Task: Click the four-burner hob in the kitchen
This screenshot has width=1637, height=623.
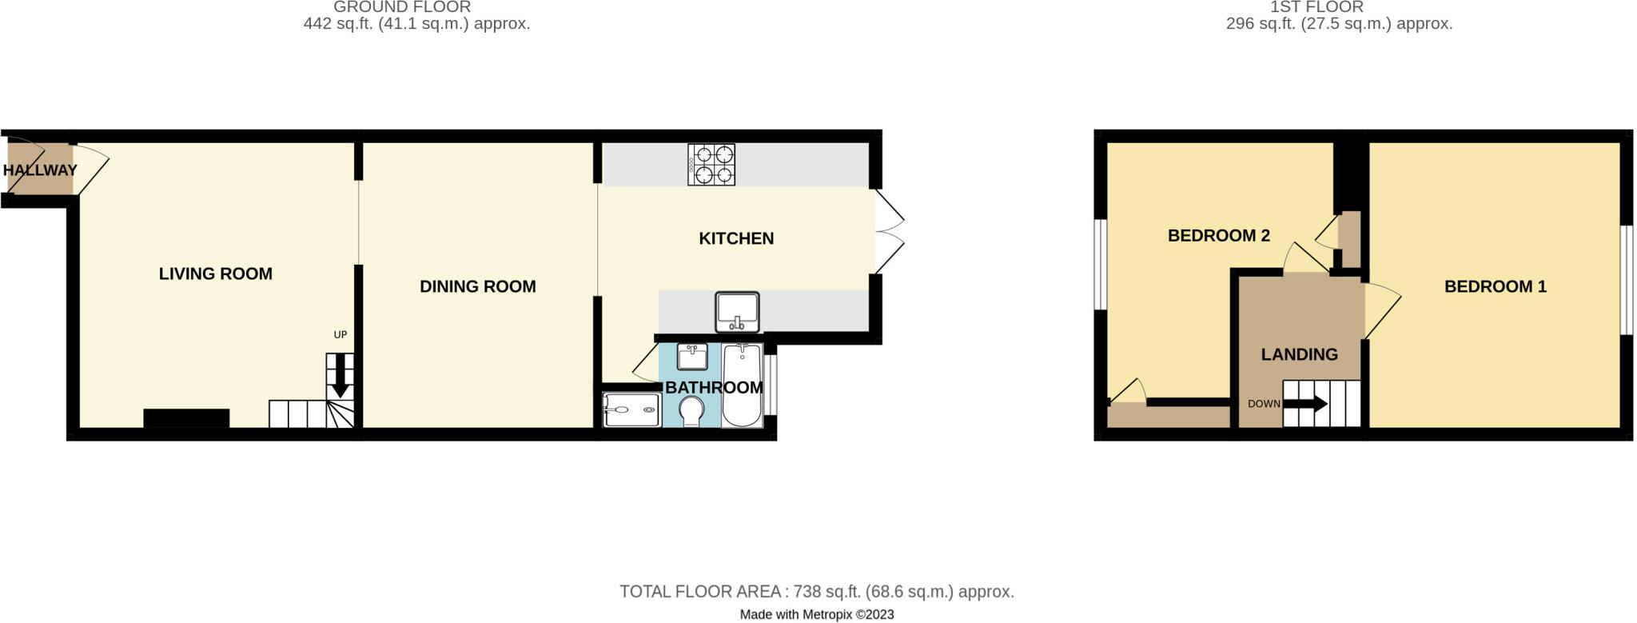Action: [x=711, y=165]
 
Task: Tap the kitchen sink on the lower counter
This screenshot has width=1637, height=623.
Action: [x=738, y=312]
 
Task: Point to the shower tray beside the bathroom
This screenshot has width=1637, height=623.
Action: [x=631, y=410]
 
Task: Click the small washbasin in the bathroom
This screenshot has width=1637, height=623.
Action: [x=692, y=357]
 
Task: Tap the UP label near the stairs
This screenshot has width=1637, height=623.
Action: [x=341, y=335]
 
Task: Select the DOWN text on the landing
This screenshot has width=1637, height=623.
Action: [x=1264, y=404]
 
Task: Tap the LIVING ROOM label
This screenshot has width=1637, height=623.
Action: [x=216, y=274]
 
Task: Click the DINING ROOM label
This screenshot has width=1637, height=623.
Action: [x=478, y=286]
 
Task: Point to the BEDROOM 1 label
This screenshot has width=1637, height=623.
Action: [x=1495, y=286]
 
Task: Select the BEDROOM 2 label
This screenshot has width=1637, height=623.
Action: [x=1218, y=235]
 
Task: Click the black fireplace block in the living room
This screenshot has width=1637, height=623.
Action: [x=186, y=418]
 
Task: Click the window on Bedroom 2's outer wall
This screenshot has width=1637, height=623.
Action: [x=1101, y=264]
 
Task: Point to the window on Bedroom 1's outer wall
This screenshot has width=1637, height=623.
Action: [x=1626, y=280]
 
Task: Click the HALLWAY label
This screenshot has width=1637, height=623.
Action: [x=40, y=170]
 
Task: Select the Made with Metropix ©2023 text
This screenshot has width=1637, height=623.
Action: [x=816, y=615]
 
